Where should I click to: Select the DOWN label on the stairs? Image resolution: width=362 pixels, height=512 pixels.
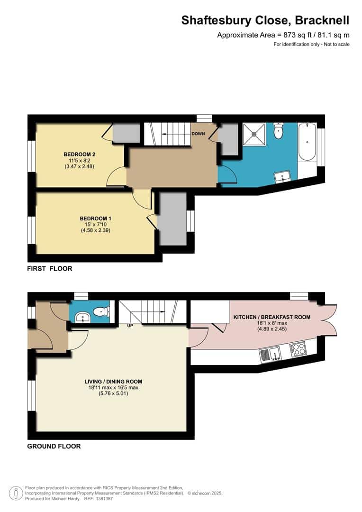tap(198, 134)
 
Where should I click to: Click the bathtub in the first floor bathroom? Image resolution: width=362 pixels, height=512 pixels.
tap(308, 142)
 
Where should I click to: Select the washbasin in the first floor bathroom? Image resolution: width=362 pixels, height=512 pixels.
tap(284, 177)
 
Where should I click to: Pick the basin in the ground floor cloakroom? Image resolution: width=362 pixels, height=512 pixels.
tap(82, 317)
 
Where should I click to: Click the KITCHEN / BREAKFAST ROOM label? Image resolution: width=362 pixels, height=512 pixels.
tap(271, 317)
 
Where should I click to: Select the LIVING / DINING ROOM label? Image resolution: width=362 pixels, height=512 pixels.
tap(113, 381)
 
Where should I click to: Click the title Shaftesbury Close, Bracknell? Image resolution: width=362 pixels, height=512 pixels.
tap(265, 20)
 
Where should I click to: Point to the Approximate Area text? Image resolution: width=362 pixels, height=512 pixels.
tap(283, 35)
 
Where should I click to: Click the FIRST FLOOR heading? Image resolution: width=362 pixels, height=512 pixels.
tap(49, 268)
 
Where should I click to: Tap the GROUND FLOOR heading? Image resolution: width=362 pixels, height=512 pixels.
tap(54, 446)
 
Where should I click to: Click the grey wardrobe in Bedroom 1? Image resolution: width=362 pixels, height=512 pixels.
tap(172, 218)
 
